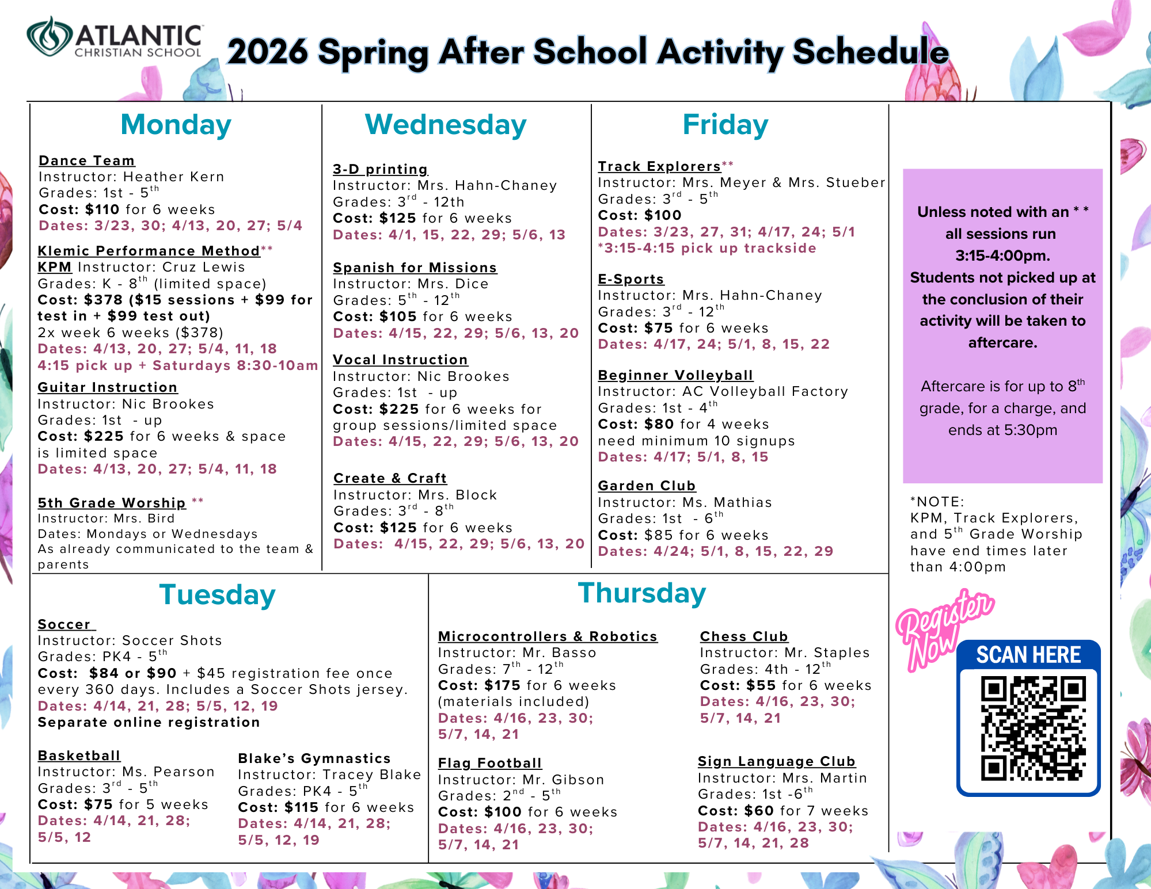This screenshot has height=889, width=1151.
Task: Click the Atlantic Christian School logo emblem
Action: [x=49, y=36]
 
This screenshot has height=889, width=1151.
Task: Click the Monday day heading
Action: [x=176, y=125]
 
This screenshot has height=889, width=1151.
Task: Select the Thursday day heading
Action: [x=642, y=594]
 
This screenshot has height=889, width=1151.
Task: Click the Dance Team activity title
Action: [x=87, y=161]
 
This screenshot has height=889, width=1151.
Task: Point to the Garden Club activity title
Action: [x=647, y=486]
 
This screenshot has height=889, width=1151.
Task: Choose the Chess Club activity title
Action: [x=744, y=636]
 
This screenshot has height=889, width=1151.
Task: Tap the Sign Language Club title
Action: [x=777, y=761]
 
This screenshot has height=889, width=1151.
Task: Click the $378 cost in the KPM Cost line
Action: [x=104, y=300]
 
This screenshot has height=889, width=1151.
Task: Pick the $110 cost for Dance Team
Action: [x=102, y=209]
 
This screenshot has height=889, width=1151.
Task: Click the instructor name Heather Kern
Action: [x=174, y=177]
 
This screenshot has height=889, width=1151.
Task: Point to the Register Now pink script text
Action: [x=944, y=630]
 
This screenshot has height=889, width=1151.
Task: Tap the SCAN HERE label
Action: [x=1028, y=655]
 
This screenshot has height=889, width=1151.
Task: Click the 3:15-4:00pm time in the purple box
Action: [x=1002, y=255]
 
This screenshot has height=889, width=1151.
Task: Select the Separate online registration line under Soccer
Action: [x=149, y=722]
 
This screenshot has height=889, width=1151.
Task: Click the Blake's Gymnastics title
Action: [x=314, y=758]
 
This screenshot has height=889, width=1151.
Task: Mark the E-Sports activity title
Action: [x=631, y=279]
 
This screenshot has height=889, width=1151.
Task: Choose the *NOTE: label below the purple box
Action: [x=937, y=502]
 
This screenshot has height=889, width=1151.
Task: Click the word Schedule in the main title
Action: [x=871, y=52]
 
